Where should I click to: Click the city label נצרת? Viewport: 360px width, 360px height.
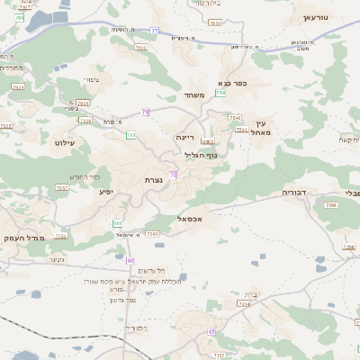153,180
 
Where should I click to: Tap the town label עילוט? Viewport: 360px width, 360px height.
67,142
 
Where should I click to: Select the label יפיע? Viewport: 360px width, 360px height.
105,191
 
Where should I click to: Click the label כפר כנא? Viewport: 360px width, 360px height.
232,83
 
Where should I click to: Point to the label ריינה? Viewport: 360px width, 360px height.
186,137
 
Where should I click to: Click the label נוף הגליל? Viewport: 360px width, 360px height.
201,155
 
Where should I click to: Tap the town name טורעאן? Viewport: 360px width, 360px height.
317,17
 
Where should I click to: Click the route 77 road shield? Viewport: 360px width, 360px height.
154,31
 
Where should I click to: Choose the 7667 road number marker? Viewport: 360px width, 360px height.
62,188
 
